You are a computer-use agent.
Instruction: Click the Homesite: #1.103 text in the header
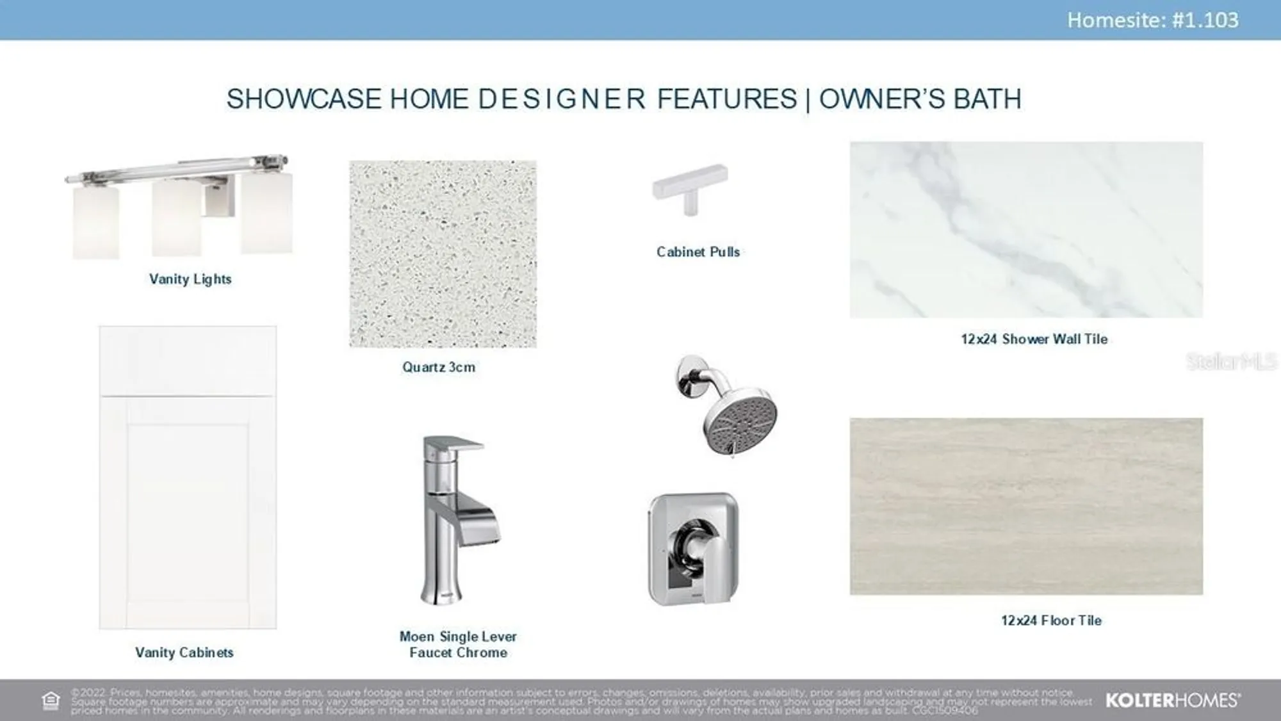[x=1152, y=20]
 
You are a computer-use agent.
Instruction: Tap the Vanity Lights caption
[x=190, y=279]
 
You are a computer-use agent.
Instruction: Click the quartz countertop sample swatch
[x=443, y=254]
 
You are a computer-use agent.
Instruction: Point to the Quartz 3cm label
[x=439, y=367]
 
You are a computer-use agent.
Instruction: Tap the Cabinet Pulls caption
[x=698, y=252]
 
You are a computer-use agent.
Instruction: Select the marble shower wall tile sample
[x=1026, y=229]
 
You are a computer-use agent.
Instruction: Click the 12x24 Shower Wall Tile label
[x=1034, y=339]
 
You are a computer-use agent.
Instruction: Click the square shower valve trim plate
[x=693, y=549]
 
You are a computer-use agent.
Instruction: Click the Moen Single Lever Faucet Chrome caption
[x=458, y=644]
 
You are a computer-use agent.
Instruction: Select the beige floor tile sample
[x=1026, y=506]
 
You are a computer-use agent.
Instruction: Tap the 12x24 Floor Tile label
[x=1051, y=620]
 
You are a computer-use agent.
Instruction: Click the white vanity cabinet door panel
[x=188, y=512]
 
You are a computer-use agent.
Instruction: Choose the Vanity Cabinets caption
[x=184, y=652]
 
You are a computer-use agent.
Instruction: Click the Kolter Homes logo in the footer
[x=1172, y=701]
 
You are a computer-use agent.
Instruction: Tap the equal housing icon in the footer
[x=51, y=701]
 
